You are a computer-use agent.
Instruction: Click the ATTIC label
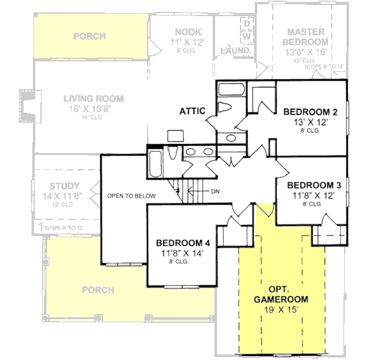pos(192,112)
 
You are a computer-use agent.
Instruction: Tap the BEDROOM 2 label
pos(310,112)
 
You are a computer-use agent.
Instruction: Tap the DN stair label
pos(215,191)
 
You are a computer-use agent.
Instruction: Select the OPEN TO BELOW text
pos(131,196)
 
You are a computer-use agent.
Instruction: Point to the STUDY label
pos(64,185)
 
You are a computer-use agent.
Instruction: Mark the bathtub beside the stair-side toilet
pos(155,163)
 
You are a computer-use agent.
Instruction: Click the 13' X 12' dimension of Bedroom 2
pos(310,122)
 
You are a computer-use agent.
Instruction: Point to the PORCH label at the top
pos(90,36)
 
